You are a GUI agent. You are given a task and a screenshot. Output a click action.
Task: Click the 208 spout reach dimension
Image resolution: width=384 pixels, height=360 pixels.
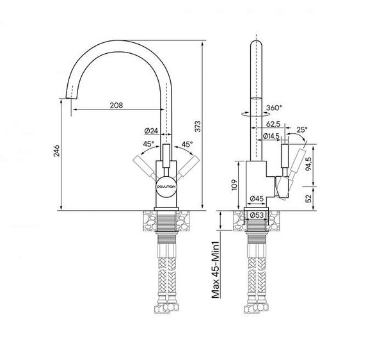click(116, 106)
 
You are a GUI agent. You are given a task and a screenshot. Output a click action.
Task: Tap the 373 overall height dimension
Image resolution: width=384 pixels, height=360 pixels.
click(198, 126)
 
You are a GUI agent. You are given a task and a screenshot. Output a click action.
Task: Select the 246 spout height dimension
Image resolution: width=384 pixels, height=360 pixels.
click(56, 151)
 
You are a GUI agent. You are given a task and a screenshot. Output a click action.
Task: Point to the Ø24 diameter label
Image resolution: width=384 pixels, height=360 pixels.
click(151, 131)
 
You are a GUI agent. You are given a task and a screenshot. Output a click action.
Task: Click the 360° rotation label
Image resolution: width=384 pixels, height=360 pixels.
click(274, 108)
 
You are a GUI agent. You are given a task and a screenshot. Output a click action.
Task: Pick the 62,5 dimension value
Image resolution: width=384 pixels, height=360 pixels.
click(273, 124)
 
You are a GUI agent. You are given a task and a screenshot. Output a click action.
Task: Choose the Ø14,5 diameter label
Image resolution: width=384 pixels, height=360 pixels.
click(271, 136)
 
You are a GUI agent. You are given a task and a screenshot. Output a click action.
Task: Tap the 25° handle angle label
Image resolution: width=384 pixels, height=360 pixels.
click(302, 129)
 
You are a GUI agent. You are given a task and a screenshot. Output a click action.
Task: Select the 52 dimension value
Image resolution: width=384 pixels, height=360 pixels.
click(309, 198)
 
